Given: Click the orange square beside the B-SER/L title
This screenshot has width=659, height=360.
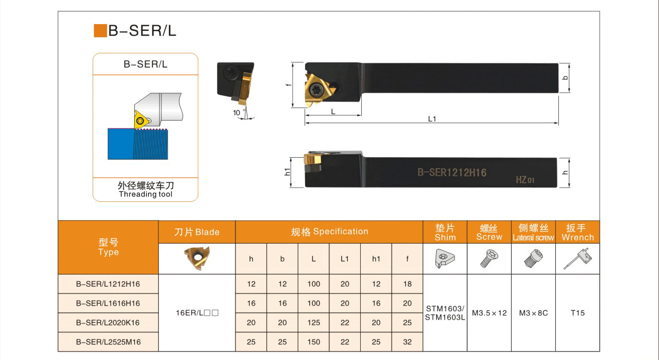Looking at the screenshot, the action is pos(100,30).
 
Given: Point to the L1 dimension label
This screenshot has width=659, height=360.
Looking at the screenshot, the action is pos(432,119).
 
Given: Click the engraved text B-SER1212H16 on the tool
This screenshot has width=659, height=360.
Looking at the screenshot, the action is pos(452,172).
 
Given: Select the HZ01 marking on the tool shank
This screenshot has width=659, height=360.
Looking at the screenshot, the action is pos(525,179).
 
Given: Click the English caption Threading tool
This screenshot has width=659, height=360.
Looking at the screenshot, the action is pos(146,194).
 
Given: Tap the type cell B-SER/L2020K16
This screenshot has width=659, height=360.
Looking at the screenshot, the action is pos(108,323).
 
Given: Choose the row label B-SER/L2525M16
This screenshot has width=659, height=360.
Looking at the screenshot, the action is pos(108,342).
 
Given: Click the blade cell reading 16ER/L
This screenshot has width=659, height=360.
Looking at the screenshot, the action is pos(197,313).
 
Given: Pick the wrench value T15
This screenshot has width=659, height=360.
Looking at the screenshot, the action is pos(578,313).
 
